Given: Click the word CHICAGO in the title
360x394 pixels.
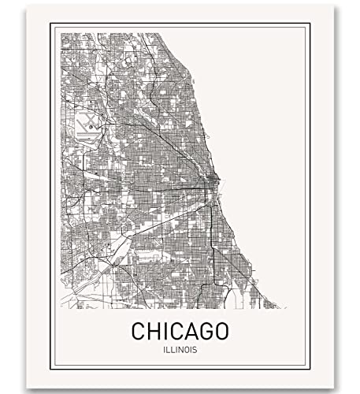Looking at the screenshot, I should pos(177,325).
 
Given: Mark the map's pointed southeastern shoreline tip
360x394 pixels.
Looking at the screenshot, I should pos(277,307).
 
